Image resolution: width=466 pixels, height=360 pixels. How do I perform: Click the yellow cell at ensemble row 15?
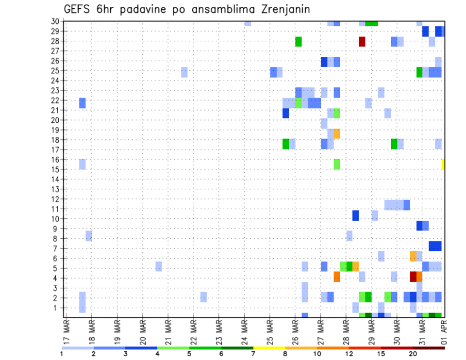click(x=443, y=164)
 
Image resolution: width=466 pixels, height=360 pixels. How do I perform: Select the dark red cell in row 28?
click(x=362, y=41)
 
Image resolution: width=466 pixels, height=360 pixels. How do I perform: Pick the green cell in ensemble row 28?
click(x=299, y=41)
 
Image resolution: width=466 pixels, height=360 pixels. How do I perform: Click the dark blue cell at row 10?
click(x=355, y=215)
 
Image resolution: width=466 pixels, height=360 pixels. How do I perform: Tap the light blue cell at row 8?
click(x=89, y=236)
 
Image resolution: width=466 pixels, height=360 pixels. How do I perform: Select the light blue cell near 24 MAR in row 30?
click(x=248, y=23)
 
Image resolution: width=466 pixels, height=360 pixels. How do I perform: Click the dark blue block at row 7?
click(x=435, y=246)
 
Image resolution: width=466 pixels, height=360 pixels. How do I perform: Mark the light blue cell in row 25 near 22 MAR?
click(x=184, y=72)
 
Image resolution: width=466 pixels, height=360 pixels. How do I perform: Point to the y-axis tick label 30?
click(x=55, y=21)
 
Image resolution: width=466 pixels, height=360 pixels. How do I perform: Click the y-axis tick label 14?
click(x=55, y=179)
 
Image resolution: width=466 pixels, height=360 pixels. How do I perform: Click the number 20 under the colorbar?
click(x=413, y=354)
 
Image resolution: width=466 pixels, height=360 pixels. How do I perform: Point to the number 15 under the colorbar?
click(x=381, y=354)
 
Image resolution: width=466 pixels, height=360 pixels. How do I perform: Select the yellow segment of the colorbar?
click(x=269, y=348)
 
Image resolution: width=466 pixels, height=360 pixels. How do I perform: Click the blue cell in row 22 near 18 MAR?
click(x=83, y=103)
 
